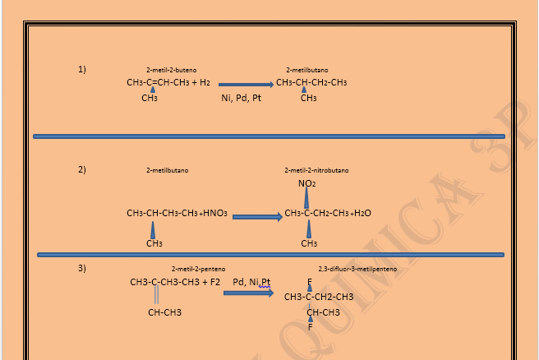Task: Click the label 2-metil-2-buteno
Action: [172, 71]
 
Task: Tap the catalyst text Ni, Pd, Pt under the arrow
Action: [242, 99]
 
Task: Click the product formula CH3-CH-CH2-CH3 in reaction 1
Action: [311, 83]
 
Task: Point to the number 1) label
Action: [82, 69]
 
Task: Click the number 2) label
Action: [82, 170]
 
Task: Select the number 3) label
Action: [82, 268]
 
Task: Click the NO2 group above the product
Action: [306, 183]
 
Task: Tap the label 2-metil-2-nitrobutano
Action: [316, 170]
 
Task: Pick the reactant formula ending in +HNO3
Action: [177, 214]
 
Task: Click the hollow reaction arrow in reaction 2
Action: [257, 216]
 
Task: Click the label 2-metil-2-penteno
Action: [198, 269]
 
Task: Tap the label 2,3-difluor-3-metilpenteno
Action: [357, 269]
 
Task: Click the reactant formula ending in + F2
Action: [175, 282]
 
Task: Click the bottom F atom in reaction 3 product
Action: [310, 327]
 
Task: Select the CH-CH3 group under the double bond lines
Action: [164, 312]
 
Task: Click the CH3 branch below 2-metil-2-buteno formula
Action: [150, 99]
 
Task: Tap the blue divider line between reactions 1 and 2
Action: [267, 136]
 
